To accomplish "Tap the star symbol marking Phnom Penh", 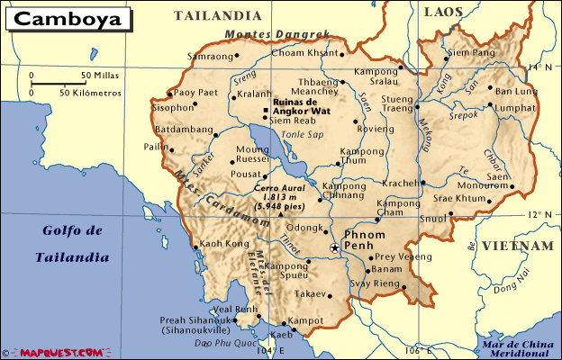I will point(334,247).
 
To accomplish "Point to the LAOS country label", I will point(443,11).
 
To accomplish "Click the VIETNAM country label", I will point(517,246).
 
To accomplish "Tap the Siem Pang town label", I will point(496,53).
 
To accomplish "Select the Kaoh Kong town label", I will point(223,244).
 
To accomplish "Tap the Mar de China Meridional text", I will point(517,347).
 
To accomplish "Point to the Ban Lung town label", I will point(516,92).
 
